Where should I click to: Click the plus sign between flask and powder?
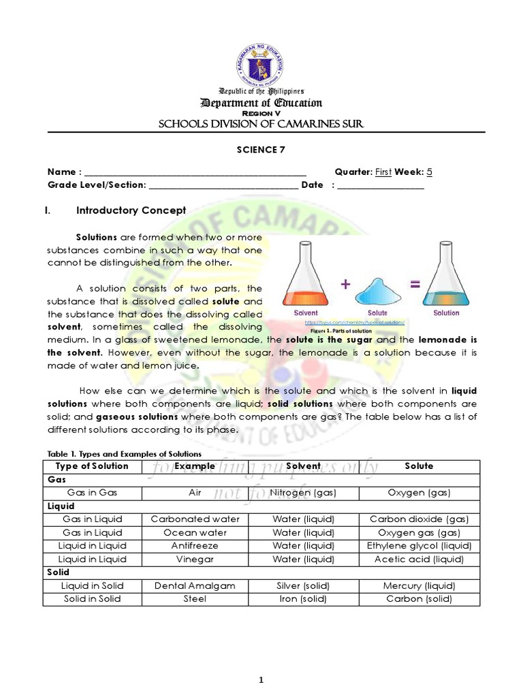[x=346, y=285]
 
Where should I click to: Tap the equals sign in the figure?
[x=415, y=285]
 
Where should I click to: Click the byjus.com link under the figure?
[x=355, y=322]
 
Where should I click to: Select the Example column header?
[x=195, y=466]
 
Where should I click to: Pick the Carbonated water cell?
[x=195, y=519]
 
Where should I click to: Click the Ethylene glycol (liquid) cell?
[x=419, y=546]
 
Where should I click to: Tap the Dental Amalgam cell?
[x=195, y=585]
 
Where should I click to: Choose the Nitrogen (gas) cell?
[x=303, y=493]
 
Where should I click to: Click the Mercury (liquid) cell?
[x=419, y=585]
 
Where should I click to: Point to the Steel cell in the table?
[x=195, y=599]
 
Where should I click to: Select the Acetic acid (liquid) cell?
[x=419, y=560]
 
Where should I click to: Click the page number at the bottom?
[x=261, y=661]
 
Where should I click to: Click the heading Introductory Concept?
[x=131, y=211]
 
